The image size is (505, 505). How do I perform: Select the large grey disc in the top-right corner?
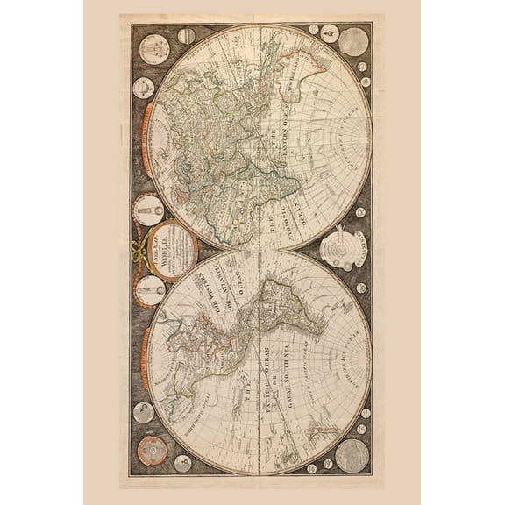pyautogui.click(x=353, y=41)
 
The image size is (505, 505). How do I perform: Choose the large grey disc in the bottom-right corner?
pyautogui.click(x=352, y=453)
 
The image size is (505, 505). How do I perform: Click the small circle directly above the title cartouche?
pyautogui.click(x=148, y=210)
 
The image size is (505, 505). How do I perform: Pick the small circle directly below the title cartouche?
pyautogui.click(x=150, y=289)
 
